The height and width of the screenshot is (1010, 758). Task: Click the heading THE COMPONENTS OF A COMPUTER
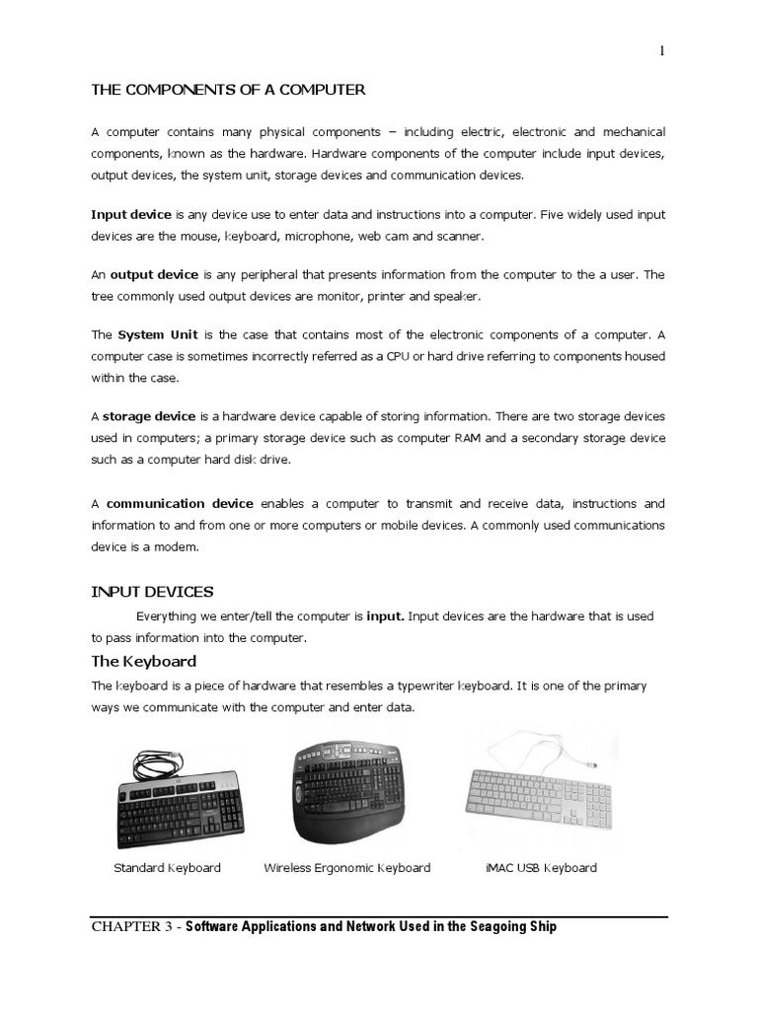click(x=228, y=90)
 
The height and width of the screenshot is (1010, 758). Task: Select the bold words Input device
click(x=131, y=213)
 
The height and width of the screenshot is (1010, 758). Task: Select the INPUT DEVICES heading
click(x=152, y=592)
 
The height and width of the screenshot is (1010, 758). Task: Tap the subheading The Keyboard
click(x=144, y=661)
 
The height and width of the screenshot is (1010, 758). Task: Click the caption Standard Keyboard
click(x=167, y=868)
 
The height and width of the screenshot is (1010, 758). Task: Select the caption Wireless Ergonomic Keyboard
click(x=347, y=868)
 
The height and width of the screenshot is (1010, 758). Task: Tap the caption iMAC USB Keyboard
click(x=541, y=868)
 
